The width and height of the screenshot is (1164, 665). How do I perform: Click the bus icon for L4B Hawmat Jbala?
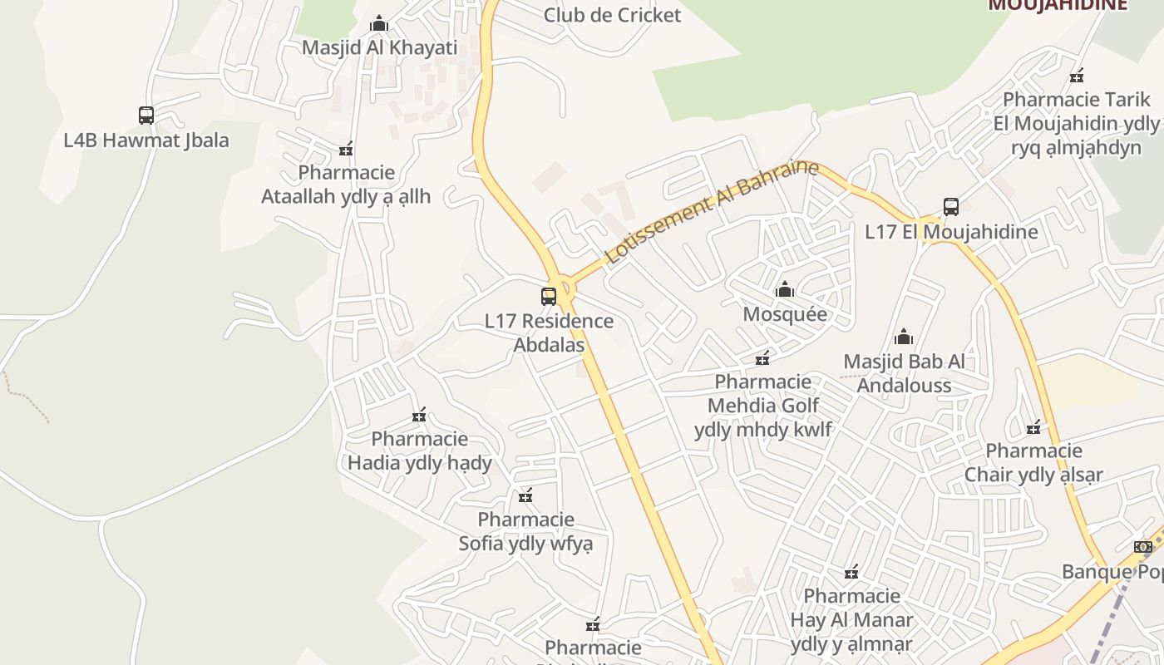(146, 116)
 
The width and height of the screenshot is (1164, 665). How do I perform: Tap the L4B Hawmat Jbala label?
(146, 140)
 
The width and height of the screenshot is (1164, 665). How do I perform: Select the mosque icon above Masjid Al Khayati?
(379, 23)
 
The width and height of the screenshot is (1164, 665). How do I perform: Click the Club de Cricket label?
(612, 15)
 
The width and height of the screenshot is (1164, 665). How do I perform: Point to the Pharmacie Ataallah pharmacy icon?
(346, 150)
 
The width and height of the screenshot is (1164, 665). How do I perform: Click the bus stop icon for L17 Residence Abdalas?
(549, 296)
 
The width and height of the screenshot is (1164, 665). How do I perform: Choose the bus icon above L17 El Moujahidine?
(951, 207)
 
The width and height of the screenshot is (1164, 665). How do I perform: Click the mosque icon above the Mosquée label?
(784, 290)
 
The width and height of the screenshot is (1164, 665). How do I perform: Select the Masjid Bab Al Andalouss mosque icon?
(904, 337)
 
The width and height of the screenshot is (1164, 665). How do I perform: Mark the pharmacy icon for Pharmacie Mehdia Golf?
(762, 358)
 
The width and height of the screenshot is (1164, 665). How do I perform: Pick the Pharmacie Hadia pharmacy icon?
(419, 415)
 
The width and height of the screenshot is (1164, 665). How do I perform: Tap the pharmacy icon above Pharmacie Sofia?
(525, 496)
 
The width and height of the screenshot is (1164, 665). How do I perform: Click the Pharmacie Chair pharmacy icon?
(1033, 428)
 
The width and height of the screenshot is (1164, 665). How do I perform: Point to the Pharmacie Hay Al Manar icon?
(851, 572)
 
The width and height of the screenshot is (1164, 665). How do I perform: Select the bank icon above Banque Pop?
(1143, 546)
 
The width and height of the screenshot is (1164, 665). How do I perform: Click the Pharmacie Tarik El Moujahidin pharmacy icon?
(1078, 76)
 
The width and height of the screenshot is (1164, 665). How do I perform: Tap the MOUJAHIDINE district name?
(1058, 5)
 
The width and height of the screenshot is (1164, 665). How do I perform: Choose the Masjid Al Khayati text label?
(379, 47)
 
